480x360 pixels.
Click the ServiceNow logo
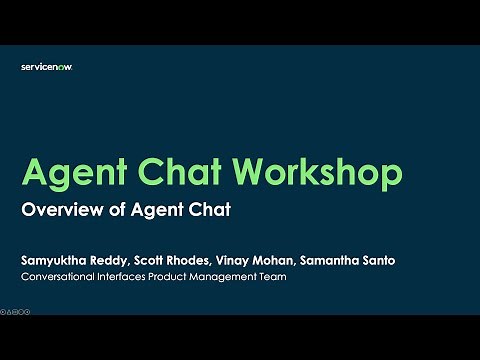coord(47,67)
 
